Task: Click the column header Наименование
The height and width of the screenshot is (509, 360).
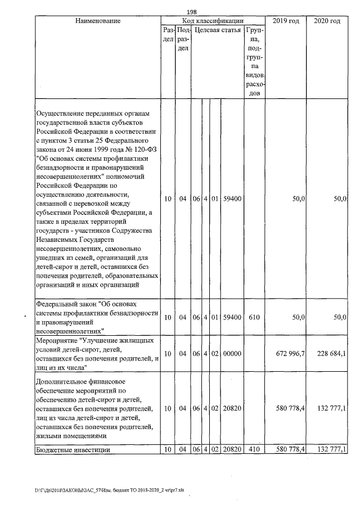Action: pos(97,21)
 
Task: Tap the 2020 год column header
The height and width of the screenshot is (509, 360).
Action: pos(327,21)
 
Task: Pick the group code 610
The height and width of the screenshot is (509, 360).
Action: pos(254,318)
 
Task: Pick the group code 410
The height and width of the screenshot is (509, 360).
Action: pos(254,449)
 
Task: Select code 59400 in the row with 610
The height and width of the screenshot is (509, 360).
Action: pos(232,318)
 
